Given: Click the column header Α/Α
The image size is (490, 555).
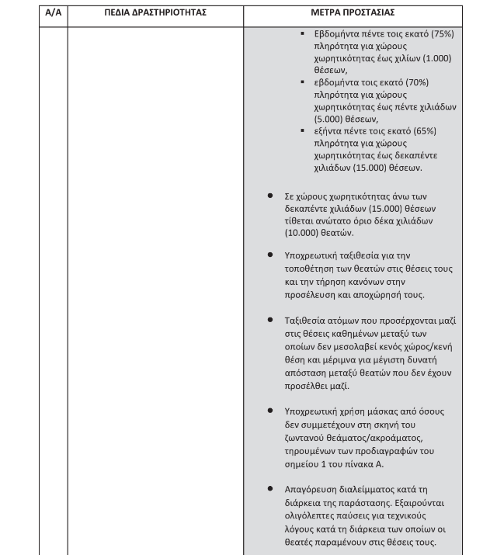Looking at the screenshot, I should click(x=54, y=13).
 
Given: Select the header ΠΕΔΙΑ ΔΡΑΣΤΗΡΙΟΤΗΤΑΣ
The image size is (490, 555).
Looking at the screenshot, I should click(x=155, y=13).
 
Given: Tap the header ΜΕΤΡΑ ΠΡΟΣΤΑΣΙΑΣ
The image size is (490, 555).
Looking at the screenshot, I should click(x=352, y=13).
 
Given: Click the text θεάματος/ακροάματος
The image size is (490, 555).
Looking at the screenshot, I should click(x=361, y=437).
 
